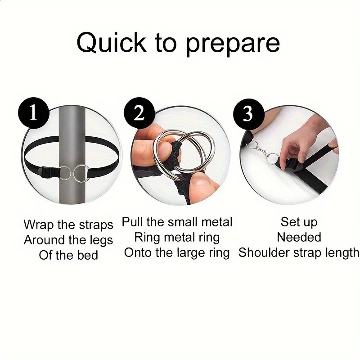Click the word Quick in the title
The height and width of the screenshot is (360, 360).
111,43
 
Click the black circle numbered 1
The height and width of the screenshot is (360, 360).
34,112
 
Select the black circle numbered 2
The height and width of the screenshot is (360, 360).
139,113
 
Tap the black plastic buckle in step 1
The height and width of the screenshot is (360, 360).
48,172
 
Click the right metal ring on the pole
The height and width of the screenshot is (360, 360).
81,174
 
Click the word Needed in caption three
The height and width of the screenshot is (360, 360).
299,237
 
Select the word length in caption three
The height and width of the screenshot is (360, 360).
342,253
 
